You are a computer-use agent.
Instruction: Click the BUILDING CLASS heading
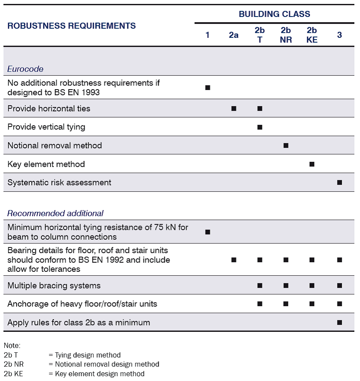pos(274,14)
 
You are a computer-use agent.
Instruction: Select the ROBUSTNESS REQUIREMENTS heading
pos(72,26)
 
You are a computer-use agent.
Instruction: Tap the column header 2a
pos(233,35)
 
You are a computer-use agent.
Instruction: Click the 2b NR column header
pos(286,35)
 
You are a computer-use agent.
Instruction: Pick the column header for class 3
pos(339,35)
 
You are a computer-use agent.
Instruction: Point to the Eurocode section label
pos(25,69)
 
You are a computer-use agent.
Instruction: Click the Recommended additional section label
pos(55,214)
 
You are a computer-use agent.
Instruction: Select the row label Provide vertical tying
pos(46,127)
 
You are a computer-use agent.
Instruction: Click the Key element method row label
pos(46,164)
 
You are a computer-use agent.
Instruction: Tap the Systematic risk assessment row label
pos(59,183)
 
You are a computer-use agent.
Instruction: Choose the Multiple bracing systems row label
pos(54,286)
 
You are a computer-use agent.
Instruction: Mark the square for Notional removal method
pos(286,146)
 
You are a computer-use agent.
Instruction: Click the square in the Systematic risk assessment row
pos(339,183)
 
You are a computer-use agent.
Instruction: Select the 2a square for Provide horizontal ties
pos(233,108)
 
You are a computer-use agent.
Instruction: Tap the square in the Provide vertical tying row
pos(260,127)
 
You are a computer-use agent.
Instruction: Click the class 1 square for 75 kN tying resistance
pos(207,232)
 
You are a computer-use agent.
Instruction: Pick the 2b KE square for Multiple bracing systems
pos(312,286)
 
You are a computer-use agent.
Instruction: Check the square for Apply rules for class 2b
pos(339,323)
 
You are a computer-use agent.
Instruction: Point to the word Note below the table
pos(12,346)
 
